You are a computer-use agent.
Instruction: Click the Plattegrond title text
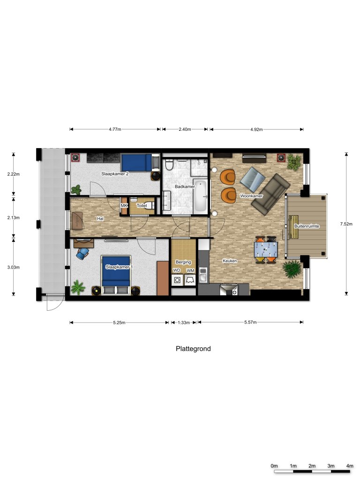[193, 349]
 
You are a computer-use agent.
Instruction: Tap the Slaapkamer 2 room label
[115, 174]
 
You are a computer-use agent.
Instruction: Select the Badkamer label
[185, 187]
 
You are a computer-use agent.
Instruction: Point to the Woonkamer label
[251, 196]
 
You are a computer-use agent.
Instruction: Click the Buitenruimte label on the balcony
[307, 226]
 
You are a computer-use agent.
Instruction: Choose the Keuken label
[230, 261]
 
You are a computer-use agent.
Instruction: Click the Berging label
[183, 262]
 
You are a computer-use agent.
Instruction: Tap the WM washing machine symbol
[190, 280]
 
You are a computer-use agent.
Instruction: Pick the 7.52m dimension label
[346, 224]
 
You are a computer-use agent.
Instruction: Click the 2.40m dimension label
[185, 129]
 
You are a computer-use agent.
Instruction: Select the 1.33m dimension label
[184, 322]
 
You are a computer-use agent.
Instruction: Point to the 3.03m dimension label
[14, 267]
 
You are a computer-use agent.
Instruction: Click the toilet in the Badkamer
[169, 165]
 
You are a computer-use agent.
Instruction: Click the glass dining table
[266, 249]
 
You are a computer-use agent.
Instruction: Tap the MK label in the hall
[124, 206]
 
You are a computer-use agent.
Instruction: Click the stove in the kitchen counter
[229, 290]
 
